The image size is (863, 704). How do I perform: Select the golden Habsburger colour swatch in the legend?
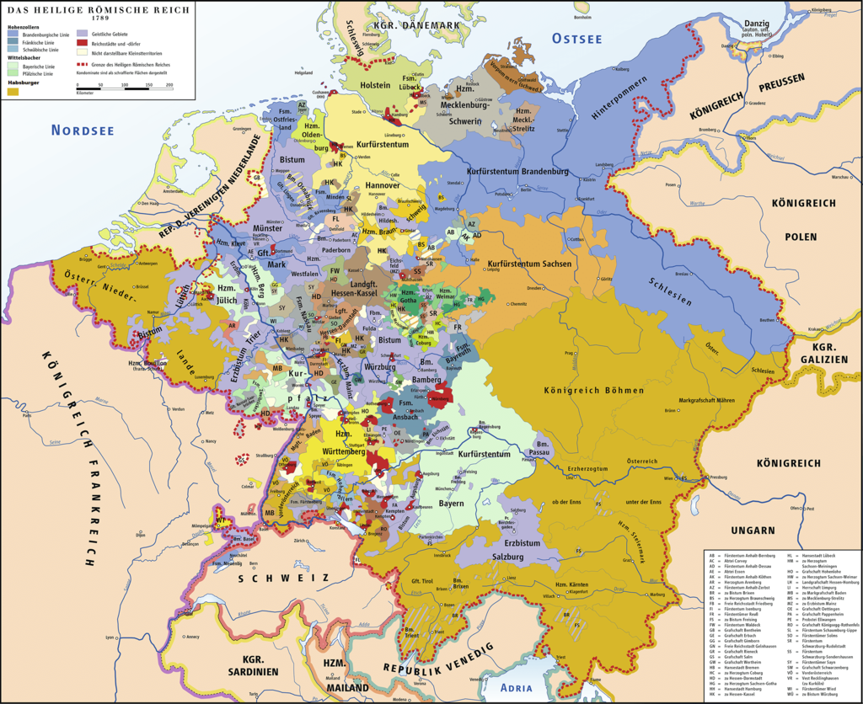(x=13, y=91)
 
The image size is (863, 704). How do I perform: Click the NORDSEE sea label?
(x=83, y=130)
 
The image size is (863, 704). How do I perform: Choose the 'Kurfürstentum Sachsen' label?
(x=529, y=264)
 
